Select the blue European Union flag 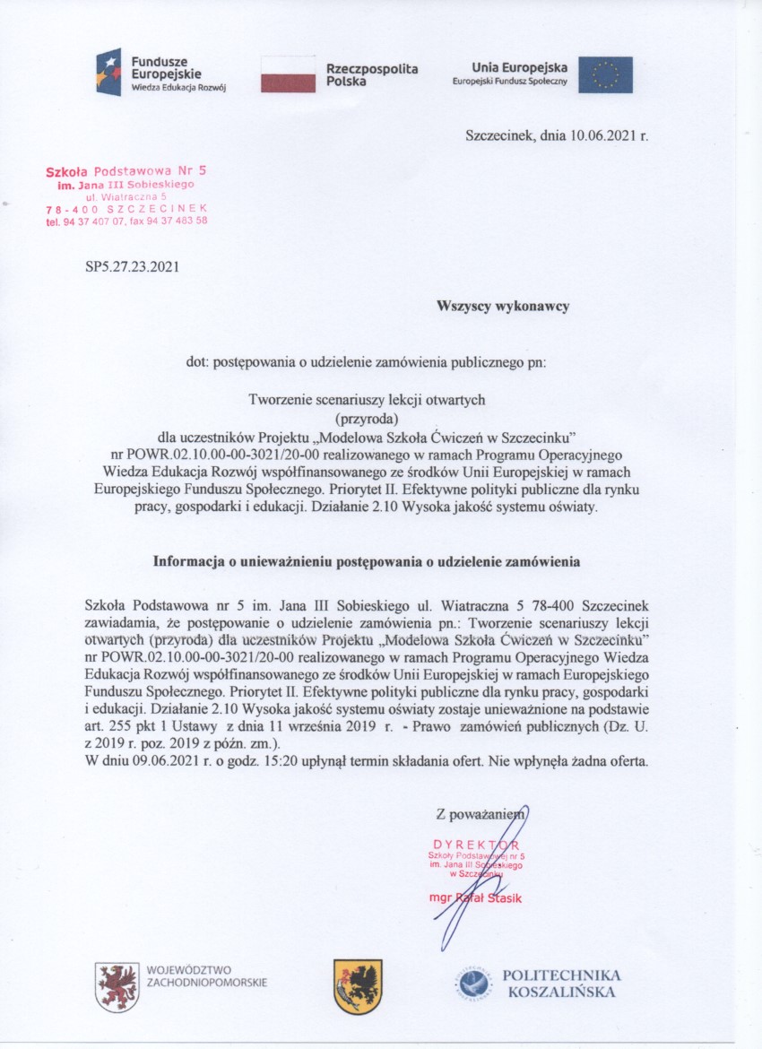[x=605, y=74]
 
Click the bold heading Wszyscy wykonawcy [x=503, y=307]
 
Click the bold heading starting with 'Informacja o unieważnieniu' [x=367, y=562]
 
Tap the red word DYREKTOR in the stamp [x=475, y=845]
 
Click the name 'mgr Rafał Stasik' [x=475, y=897]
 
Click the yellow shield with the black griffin [x=358, y=984]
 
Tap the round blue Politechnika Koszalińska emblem [x=472, y=984]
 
